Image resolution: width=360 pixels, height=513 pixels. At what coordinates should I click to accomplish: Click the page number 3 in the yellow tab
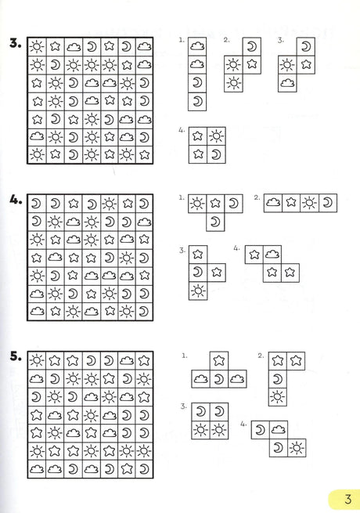(348, 499)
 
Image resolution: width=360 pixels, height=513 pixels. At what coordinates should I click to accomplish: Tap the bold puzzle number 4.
(16, 200)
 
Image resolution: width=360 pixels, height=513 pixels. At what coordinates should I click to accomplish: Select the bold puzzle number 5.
(16, 356)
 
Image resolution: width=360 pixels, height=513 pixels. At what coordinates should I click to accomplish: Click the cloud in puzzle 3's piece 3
(287, 83)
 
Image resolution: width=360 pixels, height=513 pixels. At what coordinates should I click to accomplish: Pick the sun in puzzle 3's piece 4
(216, 135)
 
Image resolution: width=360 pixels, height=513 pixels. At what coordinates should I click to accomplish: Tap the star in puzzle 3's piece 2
(252, 64)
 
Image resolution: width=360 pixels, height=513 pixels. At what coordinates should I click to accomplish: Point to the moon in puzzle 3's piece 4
(216, 154)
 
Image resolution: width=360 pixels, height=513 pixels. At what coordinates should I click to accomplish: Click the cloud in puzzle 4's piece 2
(273, 203)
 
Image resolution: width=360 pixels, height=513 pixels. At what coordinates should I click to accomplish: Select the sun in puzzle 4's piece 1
(197, 204)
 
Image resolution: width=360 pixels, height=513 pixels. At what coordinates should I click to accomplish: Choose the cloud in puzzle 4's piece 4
(272, 255)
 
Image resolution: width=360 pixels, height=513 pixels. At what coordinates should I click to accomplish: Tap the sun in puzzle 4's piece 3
(198, 291)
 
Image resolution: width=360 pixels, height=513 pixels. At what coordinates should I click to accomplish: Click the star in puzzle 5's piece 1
(219, 360)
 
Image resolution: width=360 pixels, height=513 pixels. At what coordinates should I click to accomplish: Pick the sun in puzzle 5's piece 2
(277, 397)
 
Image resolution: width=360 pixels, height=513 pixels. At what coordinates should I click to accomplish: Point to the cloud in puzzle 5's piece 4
(279, 429)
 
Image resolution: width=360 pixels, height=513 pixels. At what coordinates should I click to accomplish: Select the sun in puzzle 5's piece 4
(297, 448)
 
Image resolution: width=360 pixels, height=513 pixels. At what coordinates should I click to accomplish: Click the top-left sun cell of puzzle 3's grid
(37, 47)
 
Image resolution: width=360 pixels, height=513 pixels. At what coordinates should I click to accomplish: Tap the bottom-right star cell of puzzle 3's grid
(144, 154)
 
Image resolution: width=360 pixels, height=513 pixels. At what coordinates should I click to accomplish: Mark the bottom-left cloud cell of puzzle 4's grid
(37, 311)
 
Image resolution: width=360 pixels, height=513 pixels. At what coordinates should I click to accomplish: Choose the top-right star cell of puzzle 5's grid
(144, 361)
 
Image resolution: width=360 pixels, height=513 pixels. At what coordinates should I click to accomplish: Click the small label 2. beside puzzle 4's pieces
(257, 197)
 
